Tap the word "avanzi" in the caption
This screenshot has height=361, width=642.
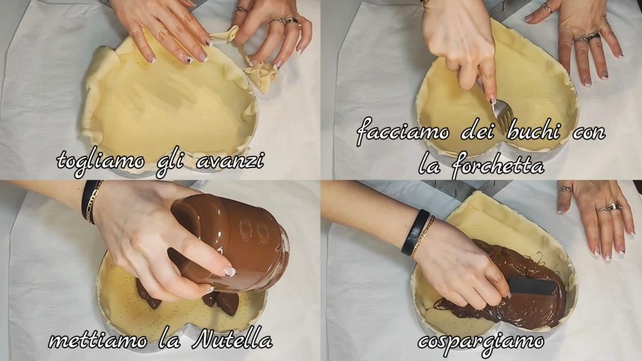click(230, 160)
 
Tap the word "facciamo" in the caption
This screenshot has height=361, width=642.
click(403, 132)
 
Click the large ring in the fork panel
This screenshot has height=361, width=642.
click(593, 37)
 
